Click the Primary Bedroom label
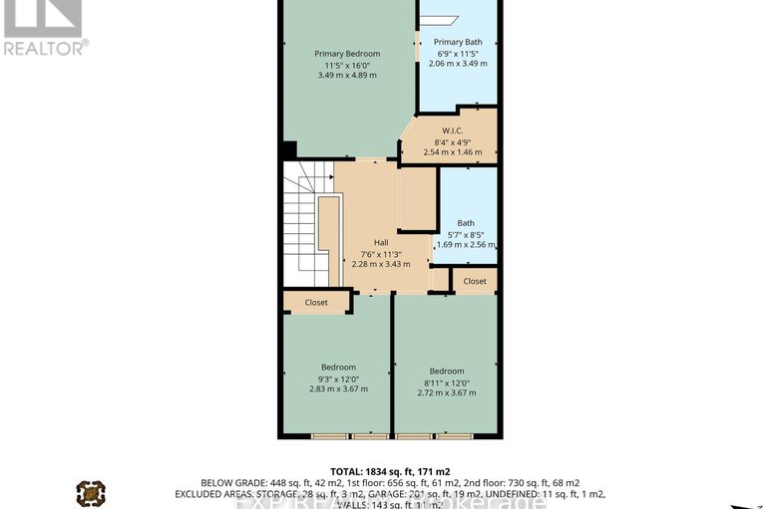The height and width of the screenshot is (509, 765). pos(347,53)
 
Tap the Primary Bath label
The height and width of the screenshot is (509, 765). pos(458,42)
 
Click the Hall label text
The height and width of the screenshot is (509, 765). pos(381,242)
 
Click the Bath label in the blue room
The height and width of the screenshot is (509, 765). pos(466,223)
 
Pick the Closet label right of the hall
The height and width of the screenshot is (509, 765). pos(475,281)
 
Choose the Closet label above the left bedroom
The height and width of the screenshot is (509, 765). pos(316,302)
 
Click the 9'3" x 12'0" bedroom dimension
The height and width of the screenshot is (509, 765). pos(338,378)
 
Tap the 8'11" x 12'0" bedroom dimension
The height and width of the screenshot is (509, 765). pos(447,382)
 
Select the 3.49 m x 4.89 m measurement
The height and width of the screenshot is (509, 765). pos(347,75)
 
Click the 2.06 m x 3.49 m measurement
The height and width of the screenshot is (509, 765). pos(458,64)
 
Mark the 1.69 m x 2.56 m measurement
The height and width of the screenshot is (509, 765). pos(466,244)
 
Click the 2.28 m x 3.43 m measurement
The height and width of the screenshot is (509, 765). pos(381,264)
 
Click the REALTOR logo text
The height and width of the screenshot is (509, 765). pos(45,46)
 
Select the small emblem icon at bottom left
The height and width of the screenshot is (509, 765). pos(91,492)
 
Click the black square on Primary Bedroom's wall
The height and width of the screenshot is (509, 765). pos(288,150)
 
